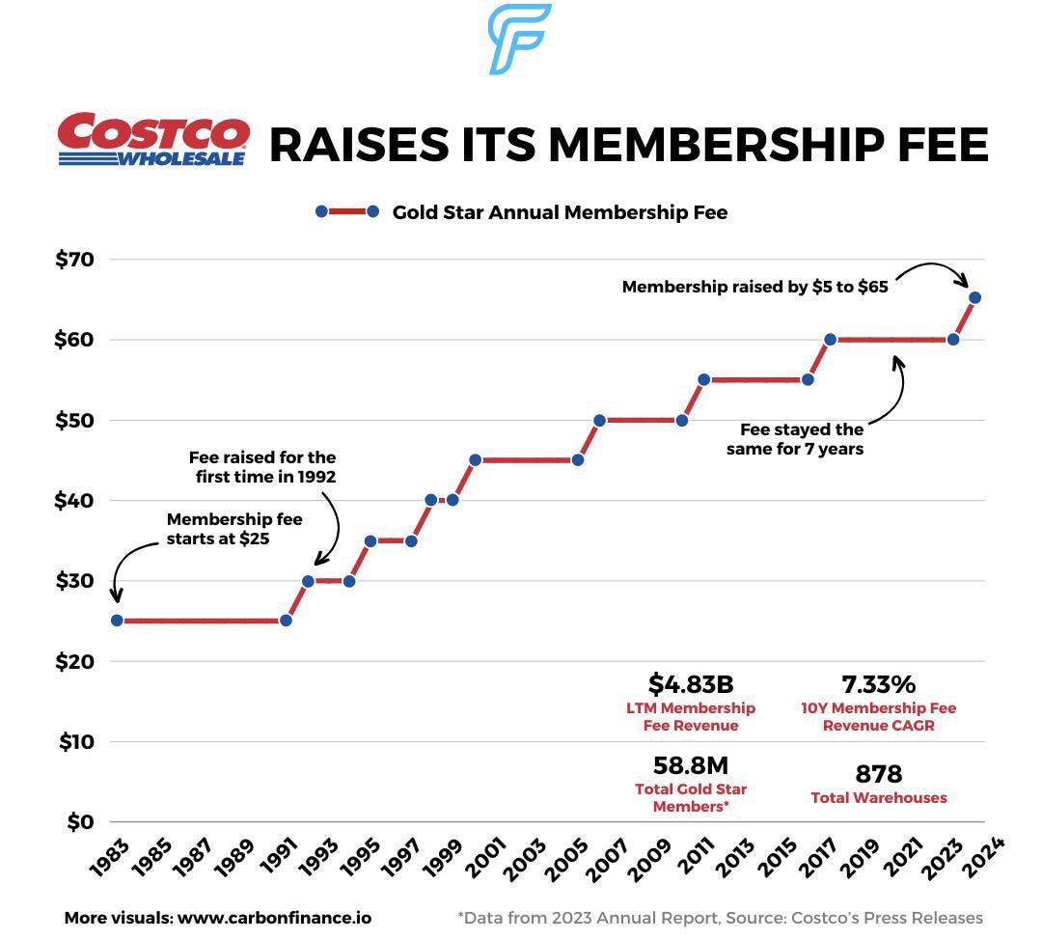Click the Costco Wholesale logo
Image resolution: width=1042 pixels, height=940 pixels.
tap(153, 140)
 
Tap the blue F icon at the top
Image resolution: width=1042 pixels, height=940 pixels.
tap(519, 39)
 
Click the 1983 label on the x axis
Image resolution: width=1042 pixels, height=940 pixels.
tap(108, 858)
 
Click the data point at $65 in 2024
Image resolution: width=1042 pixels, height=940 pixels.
tap(974, 297)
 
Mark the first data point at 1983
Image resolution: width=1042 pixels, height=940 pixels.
tap(117, 621)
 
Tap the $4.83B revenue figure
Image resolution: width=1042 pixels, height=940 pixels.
tap(691, 684)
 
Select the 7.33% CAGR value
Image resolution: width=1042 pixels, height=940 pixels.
tap(878, 684)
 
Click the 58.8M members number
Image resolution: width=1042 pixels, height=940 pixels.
tap(691, 765)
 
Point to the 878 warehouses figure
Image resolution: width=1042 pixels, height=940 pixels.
tap(878, 774)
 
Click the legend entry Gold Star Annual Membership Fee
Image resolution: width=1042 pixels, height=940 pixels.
tap(560, 212)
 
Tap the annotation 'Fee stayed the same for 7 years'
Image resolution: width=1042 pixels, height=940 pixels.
tap(801, 439)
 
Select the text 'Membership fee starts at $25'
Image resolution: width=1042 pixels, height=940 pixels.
tap(233, 529)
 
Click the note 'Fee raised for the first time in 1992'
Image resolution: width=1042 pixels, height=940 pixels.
tap(262, 466)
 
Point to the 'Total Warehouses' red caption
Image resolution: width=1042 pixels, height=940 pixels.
tap(878, 798)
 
